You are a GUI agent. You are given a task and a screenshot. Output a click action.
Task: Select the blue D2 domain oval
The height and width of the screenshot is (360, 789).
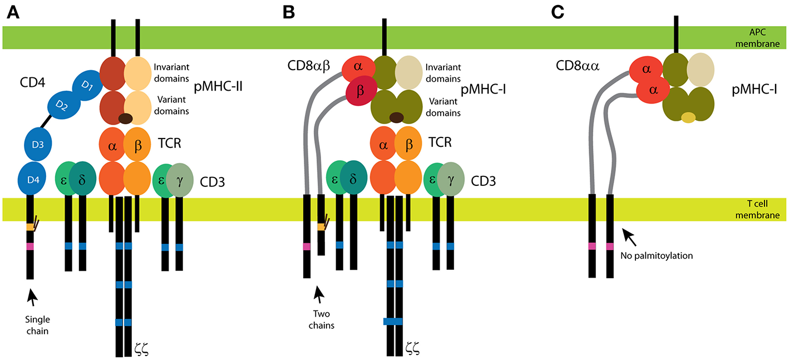[61, 105]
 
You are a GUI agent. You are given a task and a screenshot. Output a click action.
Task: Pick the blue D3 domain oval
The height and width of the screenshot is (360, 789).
[37, 145]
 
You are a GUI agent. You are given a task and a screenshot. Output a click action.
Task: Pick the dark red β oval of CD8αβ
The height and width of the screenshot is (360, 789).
[361, 91]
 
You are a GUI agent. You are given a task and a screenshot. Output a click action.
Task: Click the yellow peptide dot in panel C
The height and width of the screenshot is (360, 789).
[689, 117]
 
